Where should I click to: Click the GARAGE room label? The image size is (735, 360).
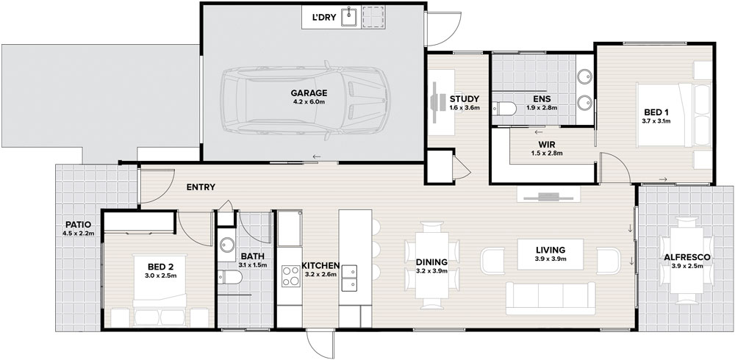(x=309, y=93)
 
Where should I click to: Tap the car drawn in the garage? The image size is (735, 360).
(x=306, y=101)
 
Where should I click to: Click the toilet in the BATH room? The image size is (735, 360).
(x=229, y=277)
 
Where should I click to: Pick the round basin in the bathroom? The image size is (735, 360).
(x=227, y=245)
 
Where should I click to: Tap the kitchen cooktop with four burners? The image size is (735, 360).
(x=291, y=276)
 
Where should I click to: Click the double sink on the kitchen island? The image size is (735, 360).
(x=348, y=278)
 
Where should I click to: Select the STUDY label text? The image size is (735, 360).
(x=465, y=99)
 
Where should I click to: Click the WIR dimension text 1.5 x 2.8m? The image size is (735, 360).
(x=547, y=153)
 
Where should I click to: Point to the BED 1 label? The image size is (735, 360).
(x=656, y=112)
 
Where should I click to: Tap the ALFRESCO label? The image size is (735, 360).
(x=686, y=257)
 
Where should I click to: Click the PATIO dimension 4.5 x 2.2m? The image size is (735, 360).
(x=79, y=233)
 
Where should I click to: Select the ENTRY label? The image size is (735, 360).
(x=201, y=187)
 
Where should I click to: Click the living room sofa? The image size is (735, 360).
(x=551, y=298)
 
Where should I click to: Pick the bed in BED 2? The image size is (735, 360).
(x=159, y=291)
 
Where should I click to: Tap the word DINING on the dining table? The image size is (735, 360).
(x=431, y=262)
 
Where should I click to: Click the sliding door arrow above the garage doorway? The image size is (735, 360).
(x=317, y=156)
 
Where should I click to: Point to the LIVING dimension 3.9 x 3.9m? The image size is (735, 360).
(x=551, y=259)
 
